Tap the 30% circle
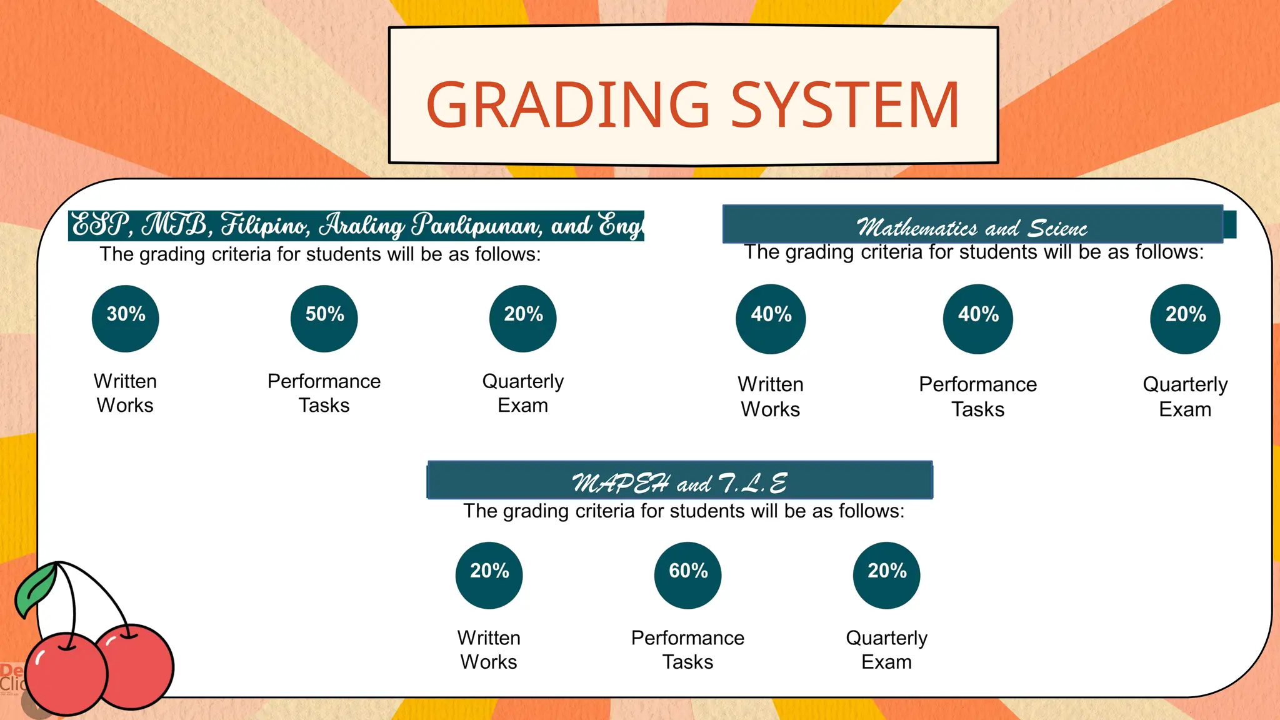(x=126, y=319)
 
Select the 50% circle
(x=324, y=319)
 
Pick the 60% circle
(x=688, y=575)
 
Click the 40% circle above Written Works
(x=771, y=319)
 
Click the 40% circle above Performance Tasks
(x=978, y=319)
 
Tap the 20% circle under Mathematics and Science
(x=1186, y=319)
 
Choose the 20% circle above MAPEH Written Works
(x=489, y=575)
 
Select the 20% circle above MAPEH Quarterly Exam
(x=887, y=575)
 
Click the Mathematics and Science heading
(x=972, y=227)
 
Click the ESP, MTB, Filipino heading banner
(x=356, y=226)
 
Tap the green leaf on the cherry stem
(x=36, y=590)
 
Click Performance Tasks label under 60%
(x=688, y=650)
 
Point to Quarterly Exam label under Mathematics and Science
(x=1186, y=397)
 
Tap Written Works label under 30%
(x=126, y=393)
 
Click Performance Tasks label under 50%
(x=324, y=393)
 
